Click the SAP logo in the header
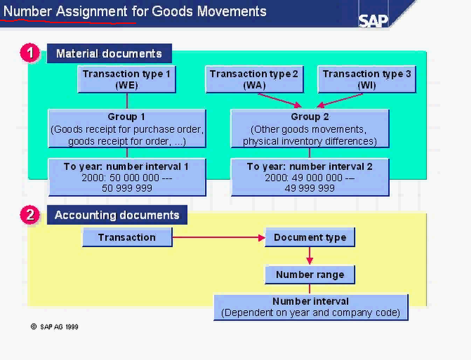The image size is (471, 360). [373, 20]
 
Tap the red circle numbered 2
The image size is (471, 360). [29, 215]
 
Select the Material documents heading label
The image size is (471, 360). [109, 54]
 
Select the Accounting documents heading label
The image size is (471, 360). [117, 215]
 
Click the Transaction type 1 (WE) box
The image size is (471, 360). [127, 79]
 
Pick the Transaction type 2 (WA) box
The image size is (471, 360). [254, 79]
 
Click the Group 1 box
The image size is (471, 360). [127, 128]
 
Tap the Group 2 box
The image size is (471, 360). [310, 128]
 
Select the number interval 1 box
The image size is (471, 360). [127, 177]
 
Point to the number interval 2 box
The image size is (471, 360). [310, 177]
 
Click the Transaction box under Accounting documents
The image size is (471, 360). [127, 237]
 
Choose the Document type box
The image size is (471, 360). [310, 237]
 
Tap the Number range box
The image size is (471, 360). [310, 274]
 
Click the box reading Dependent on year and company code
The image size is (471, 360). [311, 307]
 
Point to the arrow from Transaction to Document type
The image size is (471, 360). [219, 237]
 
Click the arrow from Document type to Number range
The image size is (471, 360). [310, 256]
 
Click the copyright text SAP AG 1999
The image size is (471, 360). [59, 327]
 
